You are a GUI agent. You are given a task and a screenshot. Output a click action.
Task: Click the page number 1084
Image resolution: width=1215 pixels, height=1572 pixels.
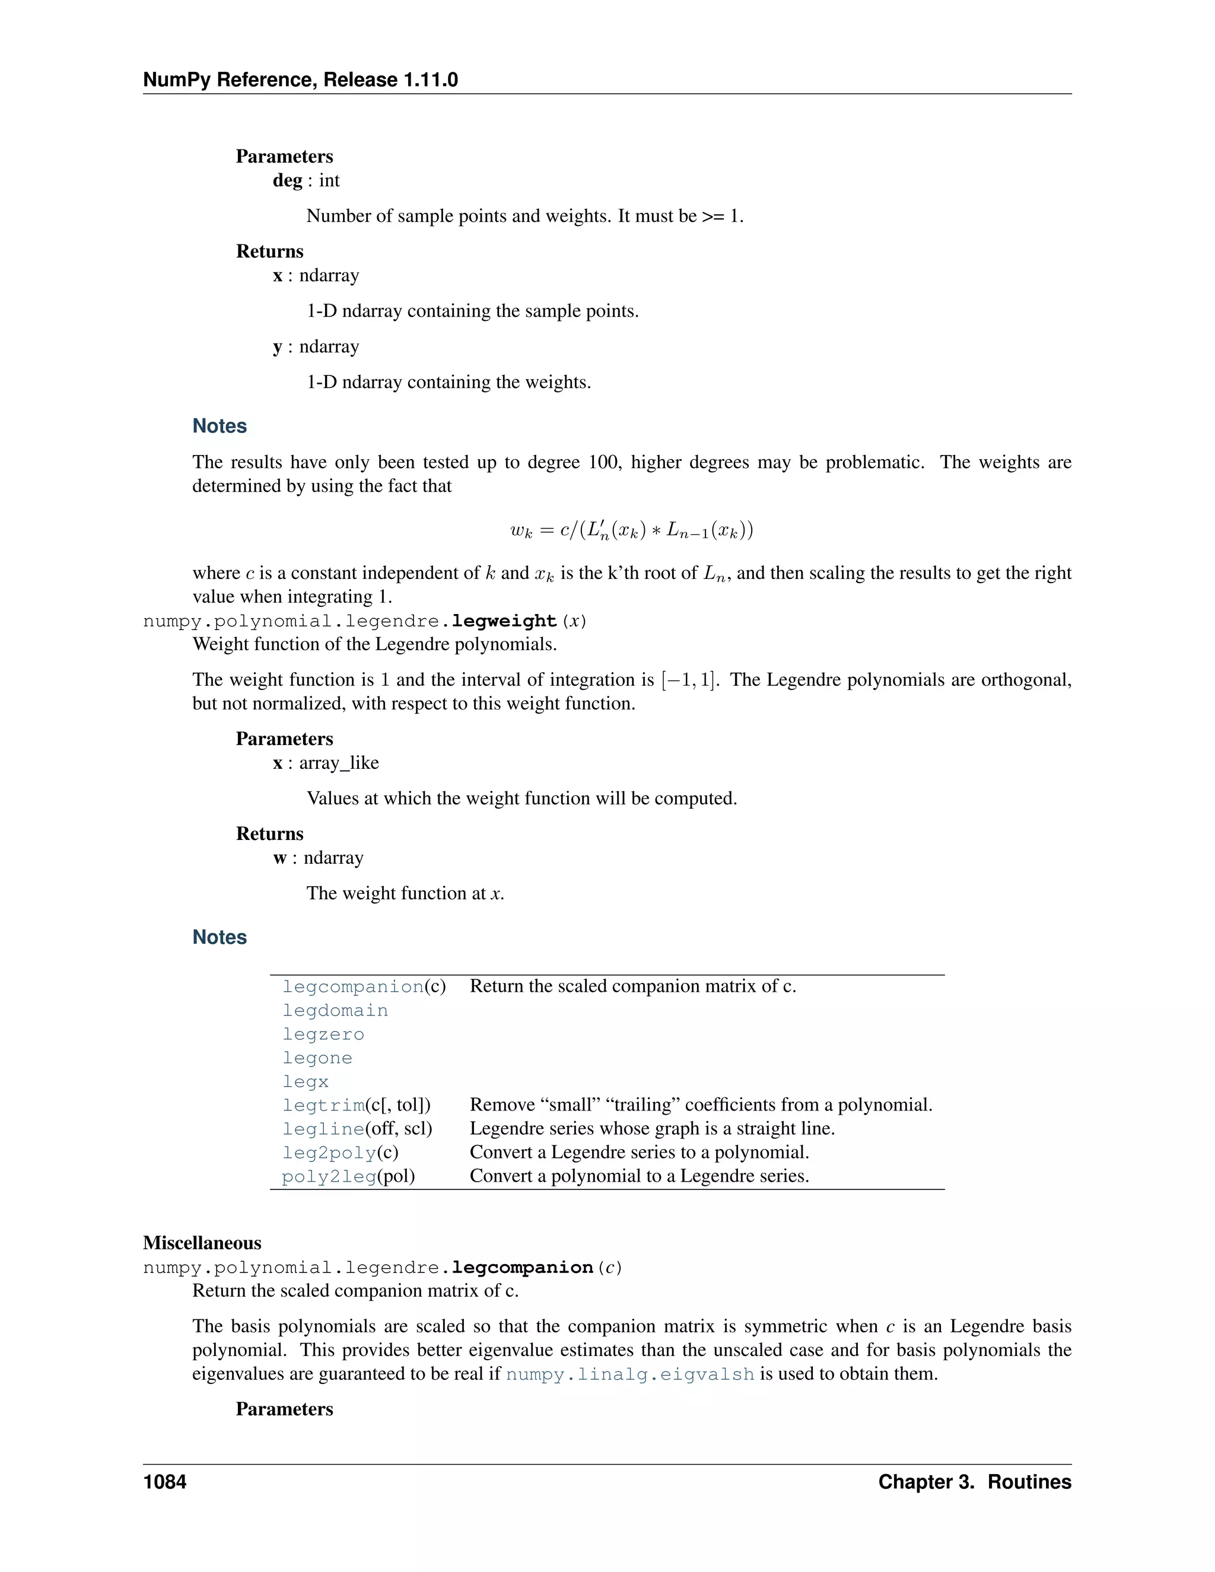tap(165, 1481)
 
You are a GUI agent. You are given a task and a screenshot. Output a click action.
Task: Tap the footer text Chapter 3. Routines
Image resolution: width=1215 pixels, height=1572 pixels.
tap(975, 1481)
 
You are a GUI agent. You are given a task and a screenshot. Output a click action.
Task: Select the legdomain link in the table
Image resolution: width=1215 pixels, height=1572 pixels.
tap(335, 1011)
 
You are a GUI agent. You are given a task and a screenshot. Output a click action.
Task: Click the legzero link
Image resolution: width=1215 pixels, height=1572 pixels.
tap(323, 1035)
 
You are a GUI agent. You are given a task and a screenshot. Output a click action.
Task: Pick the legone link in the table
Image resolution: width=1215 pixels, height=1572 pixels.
tap(317, 1058)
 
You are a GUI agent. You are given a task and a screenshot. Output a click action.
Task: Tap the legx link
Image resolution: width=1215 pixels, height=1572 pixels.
tap(305, 1082)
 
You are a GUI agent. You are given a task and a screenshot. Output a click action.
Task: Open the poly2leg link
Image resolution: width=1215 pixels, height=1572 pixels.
tap(329, 1176)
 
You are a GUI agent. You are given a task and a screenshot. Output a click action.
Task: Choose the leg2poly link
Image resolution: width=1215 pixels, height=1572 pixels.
tap(329, 1153)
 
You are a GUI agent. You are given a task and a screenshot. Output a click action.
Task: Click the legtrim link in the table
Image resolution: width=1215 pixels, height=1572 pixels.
tap(323, 1105)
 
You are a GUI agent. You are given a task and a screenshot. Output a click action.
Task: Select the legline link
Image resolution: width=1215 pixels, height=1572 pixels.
tap(323, 1129)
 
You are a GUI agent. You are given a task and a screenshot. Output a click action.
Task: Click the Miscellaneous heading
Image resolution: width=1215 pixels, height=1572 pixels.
tap(202, 1243)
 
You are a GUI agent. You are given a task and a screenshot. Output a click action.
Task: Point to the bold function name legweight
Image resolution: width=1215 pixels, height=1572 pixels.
tap(504, 620)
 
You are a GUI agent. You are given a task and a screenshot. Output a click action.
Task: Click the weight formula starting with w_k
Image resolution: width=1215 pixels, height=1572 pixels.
tap(631, 531)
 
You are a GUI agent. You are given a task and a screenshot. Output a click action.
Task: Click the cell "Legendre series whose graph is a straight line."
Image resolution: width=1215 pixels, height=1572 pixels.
tap(652, 1129)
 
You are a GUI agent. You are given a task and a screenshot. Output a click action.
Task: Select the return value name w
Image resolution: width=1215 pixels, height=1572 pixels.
tap(280, 858)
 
